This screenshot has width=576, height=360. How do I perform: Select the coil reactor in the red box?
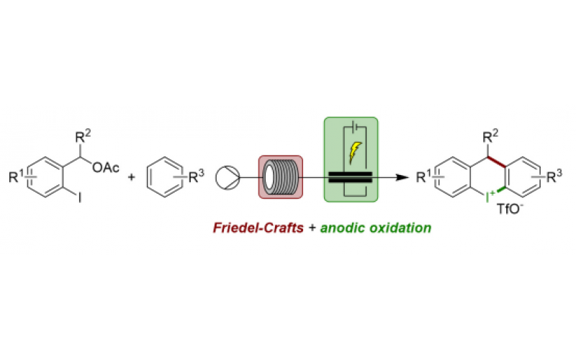coord(280,176)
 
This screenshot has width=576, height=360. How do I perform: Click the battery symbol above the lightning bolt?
coord(354,127)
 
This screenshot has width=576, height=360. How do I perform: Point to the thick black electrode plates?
coord(351,176)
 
